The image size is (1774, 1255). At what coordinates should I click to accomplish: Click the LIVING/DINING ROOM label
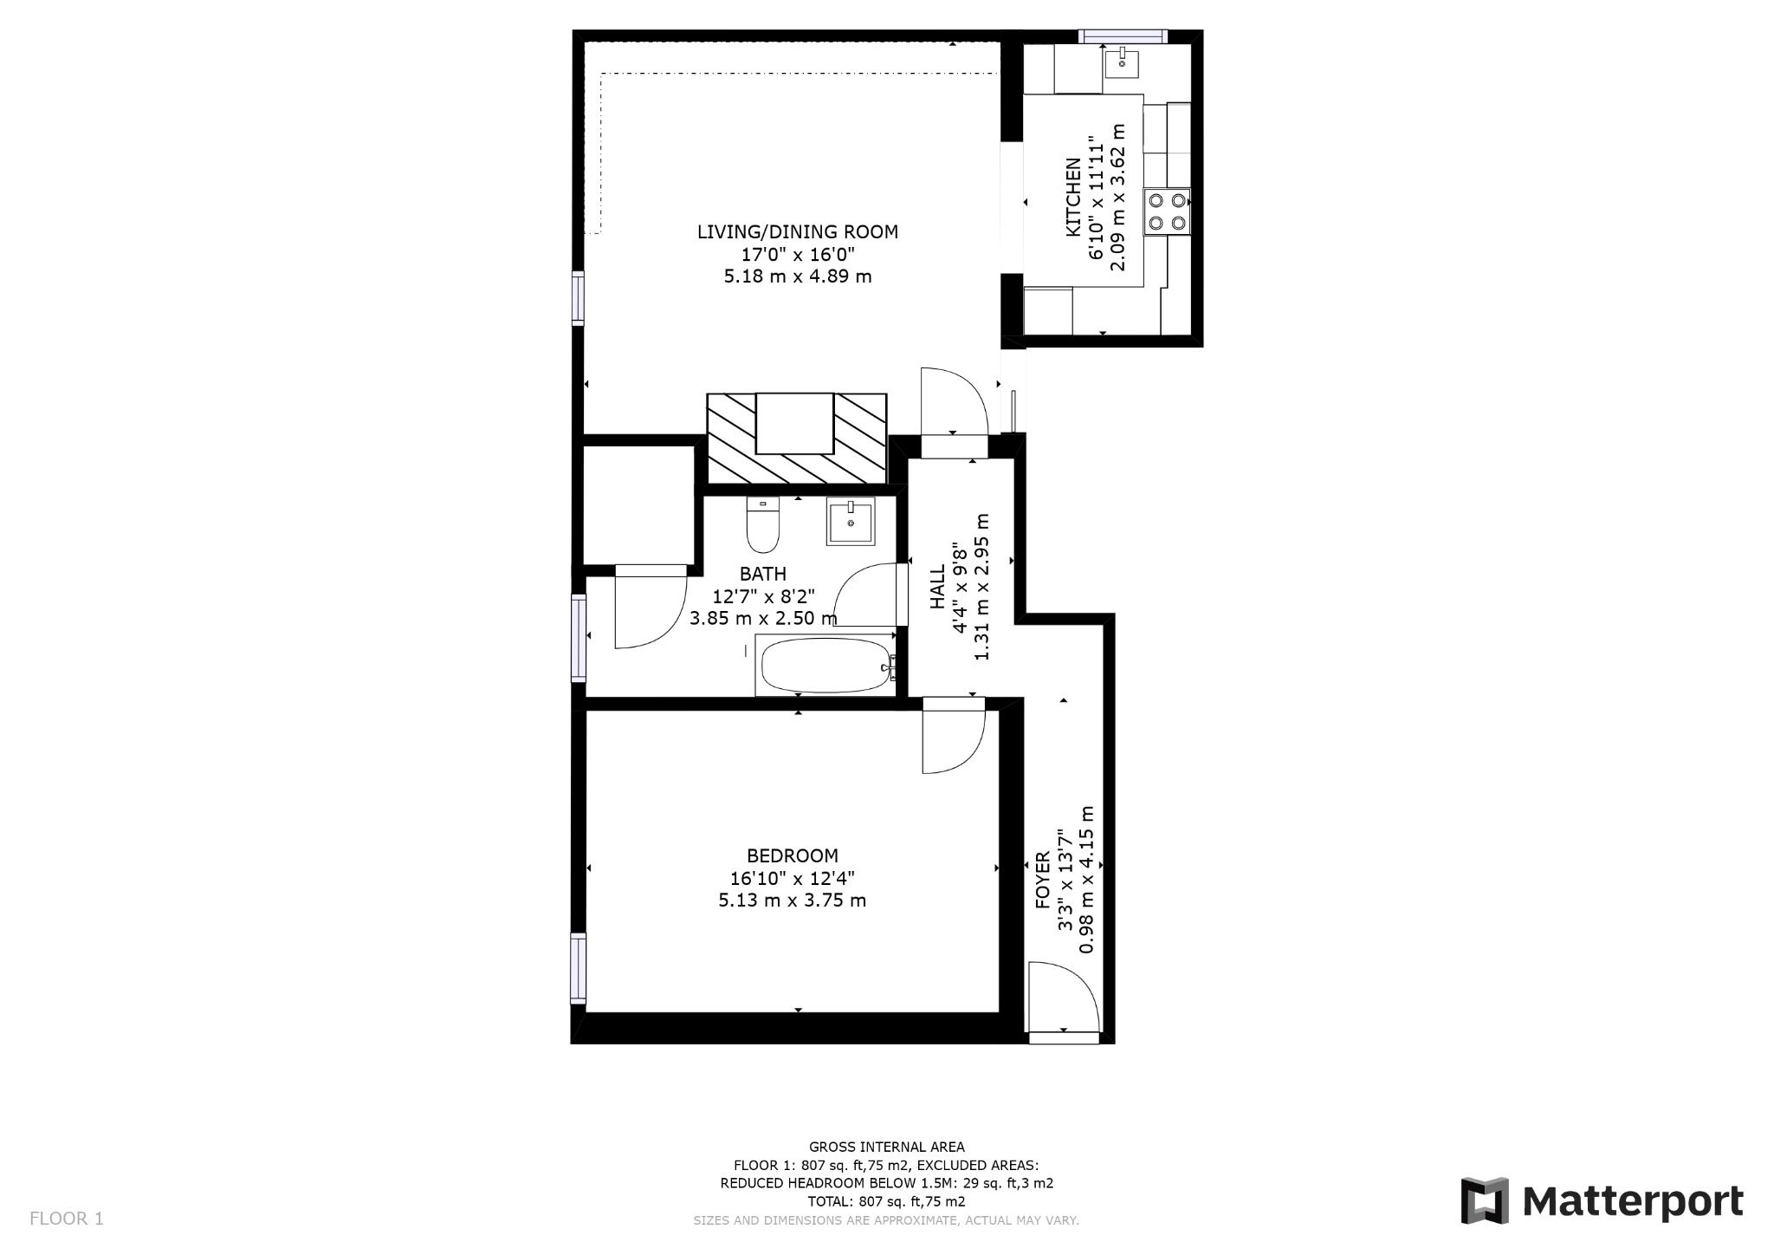[797, 231]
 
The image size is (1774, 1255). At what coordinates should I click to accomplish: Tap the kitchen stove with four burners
[1166, 211]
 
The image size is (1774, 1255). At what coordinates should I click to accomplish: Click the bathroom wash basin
[851, 521]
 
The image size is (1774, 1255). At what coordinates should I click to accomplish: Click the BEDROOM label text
[792, 855]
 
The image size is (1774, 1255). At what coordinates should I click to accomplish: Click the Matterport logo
[1602, 1201]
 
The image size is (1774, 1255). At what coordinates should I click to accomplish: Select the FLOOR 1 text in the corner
[67, 1219]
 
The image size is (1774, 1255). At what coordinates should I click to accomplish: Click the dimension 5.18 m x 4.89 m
[797, 276]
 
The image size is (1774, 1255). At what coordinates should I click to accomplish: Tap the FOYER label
[1043, 880]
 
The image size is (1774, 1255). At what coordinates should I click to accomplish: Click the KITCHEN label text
[1072, 197]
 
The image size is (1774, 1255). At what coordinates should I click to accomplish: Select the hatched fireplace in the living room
[796, 438]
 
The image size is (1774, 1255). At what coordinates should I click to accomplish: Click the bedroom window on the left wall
[578, 967]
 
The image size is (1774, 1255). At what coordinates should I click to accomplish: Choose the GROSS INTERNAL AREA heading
[886, 1147]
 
